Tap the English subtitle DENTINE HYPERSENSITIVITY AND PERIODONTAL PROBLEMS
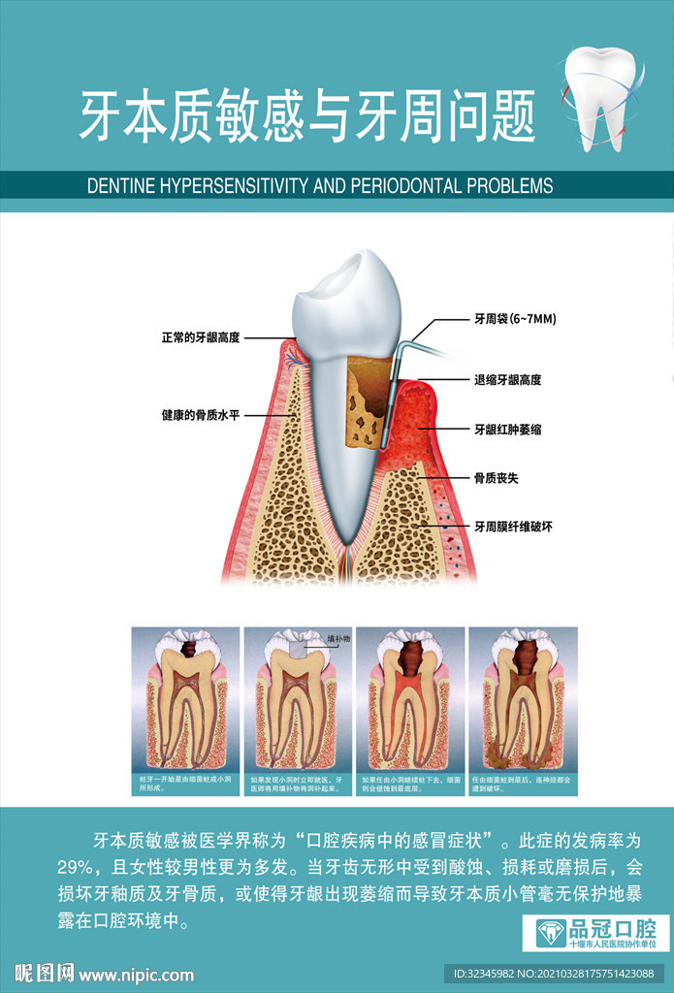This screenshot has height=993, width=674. [x=320, y=185]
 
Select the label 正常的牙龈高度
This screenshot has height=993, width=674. [x=200, y=337]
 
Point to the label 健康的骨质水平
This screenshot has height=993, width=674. [x=200, y=414]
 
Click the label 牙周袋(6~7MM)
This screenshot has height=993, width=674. [x=514, y=317]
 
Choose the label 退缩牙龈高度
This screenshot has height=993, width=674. [x=507, y=379]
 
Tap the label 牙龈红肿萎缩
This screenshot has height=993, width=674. [x=507, y=428]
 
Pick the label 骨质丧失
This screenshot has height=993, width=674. [x=495, y=477]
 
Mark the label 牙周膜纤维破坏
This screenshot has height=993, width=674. [x=513, y=526]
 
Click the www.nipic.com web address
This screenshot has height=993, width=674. [x=136, y=975]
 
